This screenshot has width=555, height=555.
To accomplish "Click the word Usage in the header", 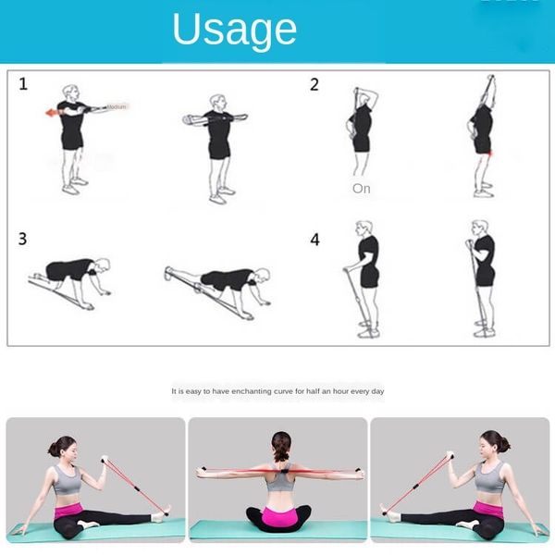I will pyautogui.click(x=234, y=30).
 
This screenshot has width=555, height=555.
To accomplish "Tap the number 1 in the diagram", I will pyautogui.click(x=23, y=84).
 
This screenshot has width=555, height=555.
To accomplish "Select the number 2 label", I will pyautogui.click(x=314, y=84).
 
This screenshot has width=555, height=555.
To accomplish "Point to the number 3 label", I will pyautogui.click(x=23, y=240).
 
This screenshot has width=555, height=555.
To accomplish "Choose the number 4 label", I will pyautogui.click(x=314, y=240).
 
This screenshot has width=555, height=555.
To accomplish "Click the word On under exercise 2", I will pyautogui.click(x=361, y=188).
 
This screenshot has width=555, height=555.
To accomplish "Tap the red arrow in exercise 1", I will pyautogui.click(x=52, y=112).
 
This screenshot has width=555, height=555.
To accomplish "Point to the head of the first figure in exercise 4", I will pyautogui.click(x=364, y=228).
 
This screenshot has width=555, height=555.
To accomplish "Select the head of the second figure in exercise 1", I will pyautogui.click(x=216, y=103).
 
